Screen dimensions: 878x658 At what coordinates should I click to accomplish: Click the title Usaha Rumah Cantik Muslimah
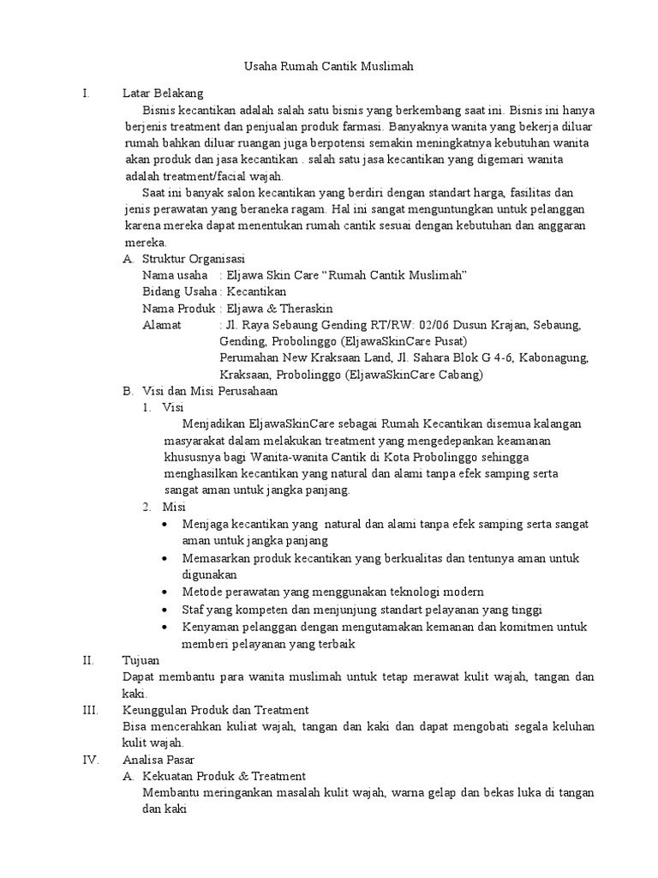click(329, 67)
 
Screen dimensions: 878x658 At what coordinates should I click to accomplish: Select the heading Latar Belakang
click(163, 94)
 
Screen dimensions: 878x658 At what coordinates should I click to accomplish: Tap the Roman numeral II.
click(87, 660)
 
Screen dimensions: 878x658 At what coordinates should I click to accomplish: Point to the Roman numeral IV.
click(89, 760)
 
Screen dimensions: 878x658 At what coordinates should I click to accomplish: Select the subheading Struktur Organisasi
click(194, 259)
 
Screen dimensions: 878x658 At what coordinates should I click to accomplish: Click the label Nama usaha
click(175, 275)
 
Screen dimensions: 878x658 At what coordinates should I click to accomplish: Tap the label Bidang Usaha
click(178, 292)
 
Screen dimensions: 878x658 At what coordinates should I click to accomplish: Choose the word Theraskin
click(303, 309)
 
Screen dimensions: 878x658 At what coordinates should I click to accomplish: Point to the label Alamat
click(162, 325)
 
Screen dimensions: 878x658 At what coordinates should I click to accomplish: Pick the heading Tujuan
click(142, 660)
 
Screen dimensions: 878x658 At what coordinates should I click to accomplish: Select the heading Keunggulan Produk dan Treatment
click(216, 710)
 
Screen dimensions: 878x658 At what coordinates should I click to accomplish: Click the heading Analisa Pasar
click(159, 760)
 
